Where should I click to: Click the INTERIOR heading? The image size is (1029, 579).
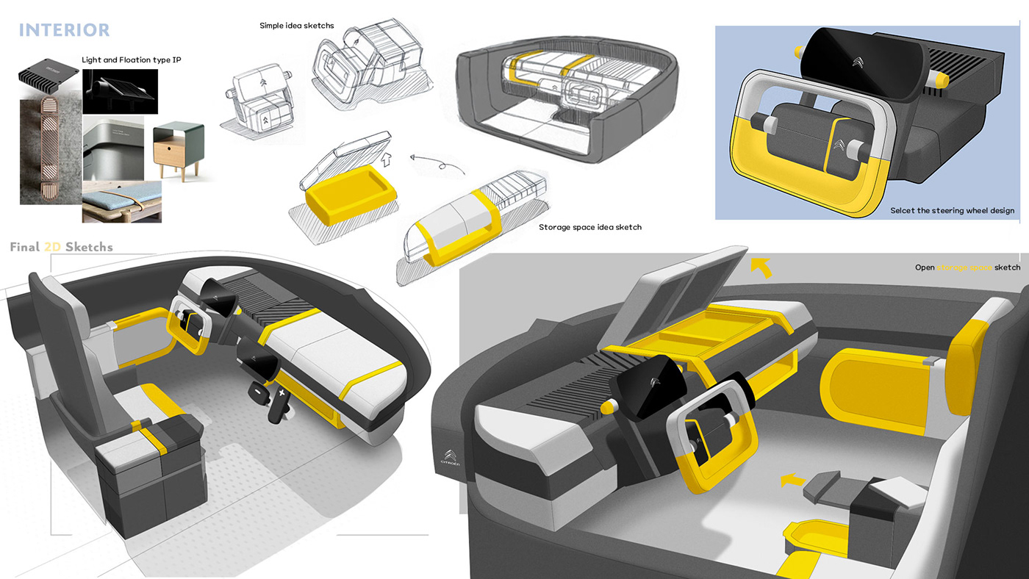point(64,30)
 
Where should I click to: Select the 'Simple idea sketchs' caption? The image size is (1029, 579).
point(296,26)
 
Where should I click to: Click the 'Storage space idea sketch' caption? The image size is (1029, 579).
point(589,227)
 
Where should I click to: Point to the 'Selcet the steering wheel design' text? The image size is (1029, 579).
point(952,210)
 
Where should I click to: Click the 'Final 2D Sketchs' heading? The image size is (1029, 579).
point(62,247)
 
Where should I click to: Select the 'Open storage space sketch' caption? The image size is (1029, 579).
point(967,267)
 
